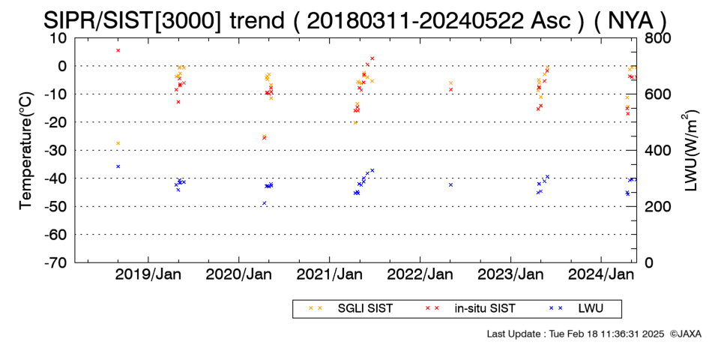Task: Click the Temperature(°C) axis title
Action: tap(27, 151)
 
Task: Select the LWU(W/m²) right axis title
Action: tap(690, 151)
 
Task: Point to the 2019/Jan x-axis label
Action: tap(148, 275)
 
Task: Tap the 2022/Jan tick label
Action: tap(420, 275)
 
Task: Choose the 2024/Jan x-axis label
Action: tap(601, 275)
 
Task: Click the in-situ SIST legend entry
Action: tap(470, 309)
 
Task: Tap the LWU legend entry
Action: tap(576, 309)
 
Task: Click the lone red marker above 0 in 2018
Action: tap(118, 50)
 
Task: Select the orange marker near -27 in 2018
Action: tap(118, 143)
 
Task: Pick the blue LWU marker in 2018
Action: tap(118, 166)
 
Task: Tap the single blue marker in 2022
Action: tap(451, 185)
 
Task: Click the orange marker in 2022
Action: tap(451, 83)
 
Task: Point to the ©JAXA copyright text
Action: tap(685, 334)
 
